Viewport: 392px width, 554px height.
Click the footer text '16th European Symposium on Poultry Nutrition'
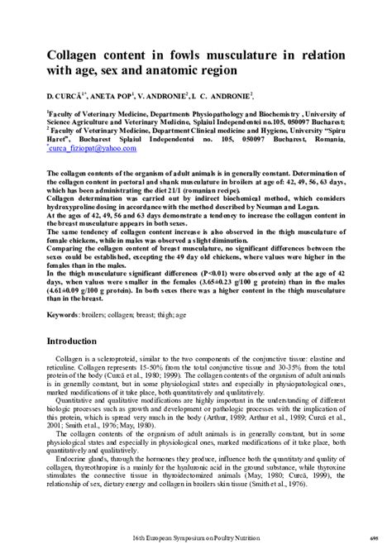pyautogui.click(x=195, y=538)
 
